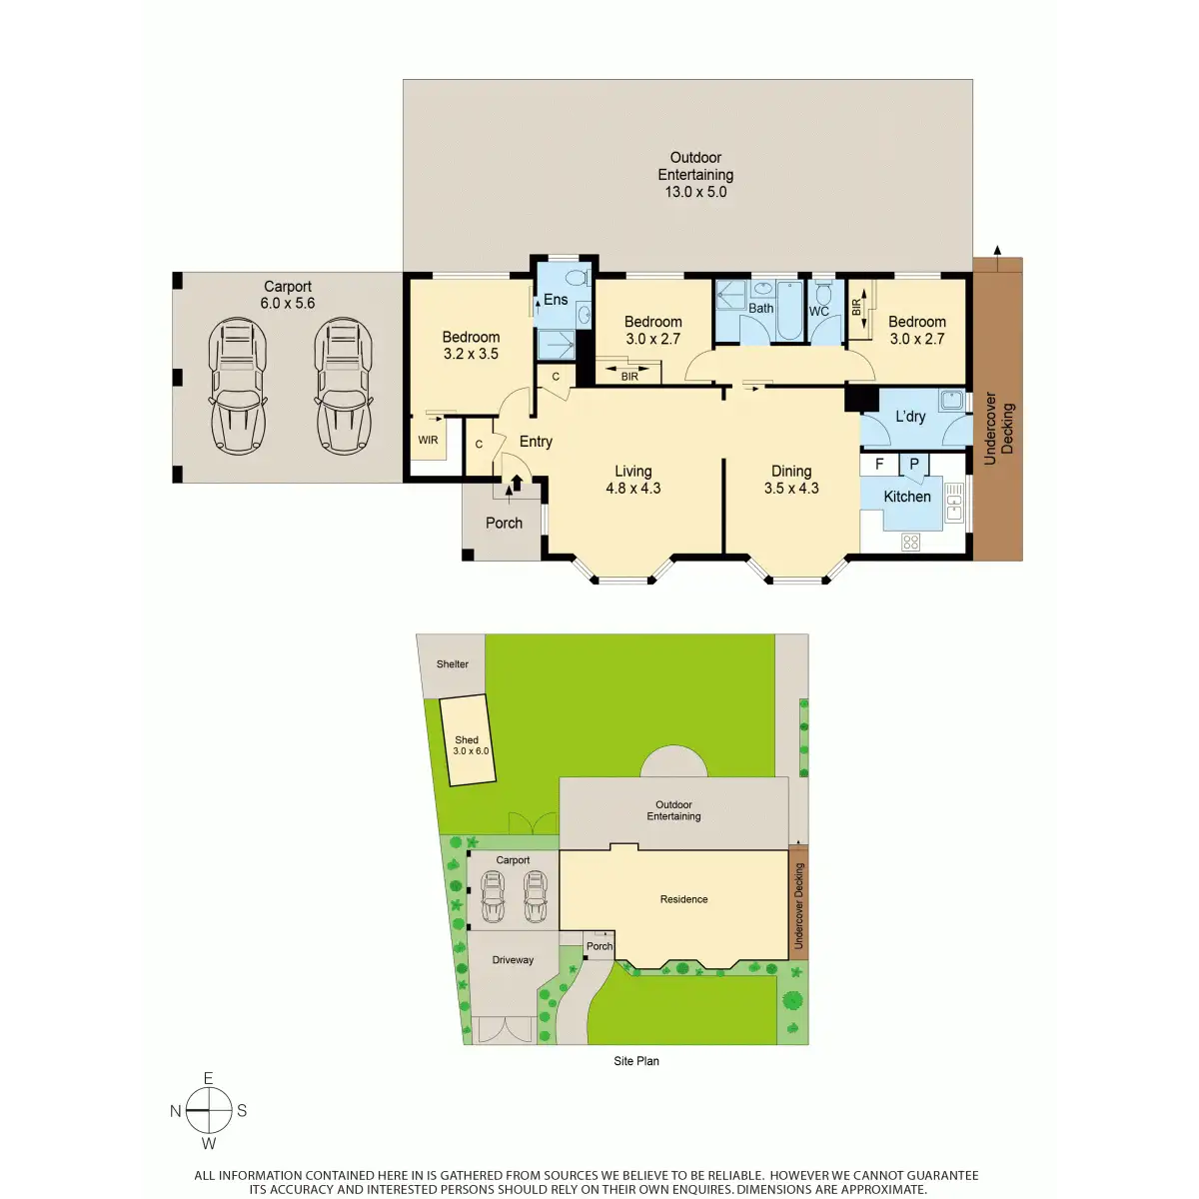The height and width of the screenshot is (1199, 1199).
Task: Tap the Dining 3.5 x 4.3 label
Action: (x=790, y=480)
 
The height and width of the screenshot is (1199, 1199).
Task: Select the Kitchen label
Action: (x=906, y=496)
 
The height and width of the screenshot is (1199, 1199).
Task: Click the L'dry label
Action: (x=909, y=416)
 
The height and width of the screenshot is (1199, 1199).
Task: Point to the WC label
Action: (x=819, y=311)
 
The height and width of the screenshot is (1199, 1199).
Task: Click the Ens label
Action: (x=555, y=300)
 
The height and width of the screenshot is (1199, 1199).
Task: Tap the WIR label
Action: (x=428, y=440)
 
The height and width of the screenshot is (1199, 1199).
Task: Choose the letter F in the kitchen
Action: (x=879, y=465)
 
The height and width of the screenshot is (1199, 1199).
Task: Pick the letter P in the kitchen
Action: (x=913, y=465)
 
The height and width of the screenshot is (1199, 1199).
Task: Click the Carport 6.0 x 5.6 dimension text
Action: (x=288, y=303)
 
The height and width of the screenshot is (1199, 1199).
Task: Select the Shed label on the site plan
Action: (x=466, y=739)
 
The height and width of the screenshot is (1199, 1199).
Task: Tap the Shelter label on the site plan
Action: (x=452, y=663)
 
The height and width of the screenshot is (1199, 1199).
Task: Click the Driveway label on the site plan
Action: (x=513, y=959)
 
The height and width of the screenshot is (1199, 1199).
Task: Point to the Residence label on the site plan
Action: (x=683, y=898)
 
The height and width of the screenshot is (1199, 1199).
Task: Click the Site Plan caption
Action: (x=635, y=1061)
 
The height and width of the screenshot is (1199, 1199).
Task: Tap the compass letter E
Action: (x=208, y=1078)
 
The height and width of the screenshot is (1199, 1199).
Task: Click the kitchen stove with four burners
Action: (x=910, y=542)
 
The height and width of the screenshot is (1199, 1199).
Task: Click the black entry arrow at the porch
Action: (x=517, y=483)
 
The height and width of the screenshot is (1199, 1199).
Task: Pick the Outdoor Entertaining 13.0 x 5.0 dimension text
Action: (x=695, y=192)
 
